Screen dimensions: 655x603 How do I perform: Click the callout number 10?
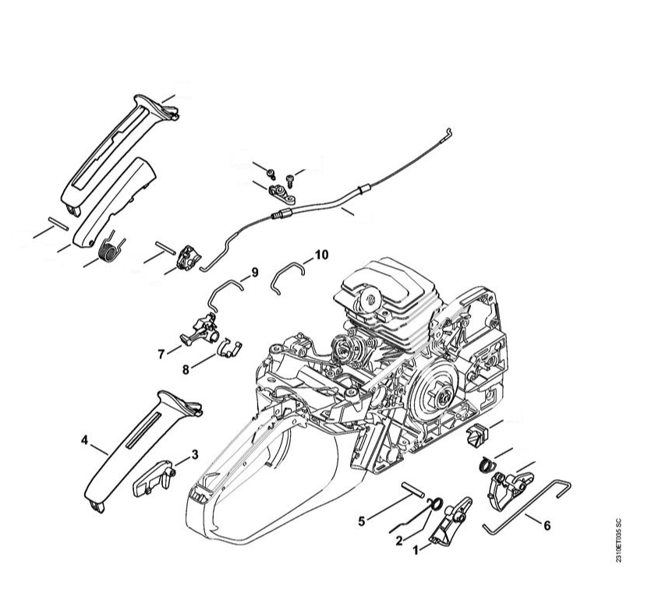coord(321,255)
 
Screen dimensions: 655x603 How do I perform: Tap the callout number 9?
coord(254,273)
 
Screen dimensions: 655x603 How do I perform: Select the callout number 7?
coord(161,354)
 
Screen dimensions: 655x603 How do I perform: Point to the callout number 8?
coord(186,370)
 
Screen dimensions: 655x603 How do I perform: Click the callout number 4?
coord(85,440)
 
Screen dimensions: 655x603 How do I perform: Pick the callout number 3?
coord(195,455)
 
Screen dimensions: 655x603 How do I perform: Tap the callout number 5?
coord(362,520)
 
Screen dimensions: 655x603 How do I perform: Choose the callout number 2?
coord(399,541)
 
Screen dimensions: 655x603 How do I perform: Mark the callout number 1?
coord(416,551)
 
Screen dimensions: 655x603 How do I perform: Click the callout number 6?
coord(547,525)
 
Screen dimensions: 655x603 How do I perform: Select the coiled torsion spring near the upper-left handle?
coord(110,249)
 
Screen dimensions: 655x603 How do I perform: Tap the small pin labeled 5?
coord(413,488)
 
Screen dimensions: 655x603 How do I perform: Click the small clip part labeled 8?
coord(230,347)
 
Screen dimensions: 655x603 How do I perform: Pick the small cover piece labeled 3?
coord(153,479)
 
